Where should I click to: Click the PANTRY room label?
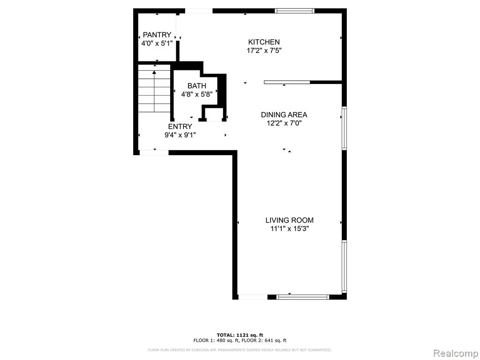[157, 35]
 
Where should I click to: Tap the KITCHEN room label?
[264, 42]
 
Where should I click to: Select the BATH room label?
[197, 86]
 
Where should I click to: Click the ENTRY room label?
[180, 127]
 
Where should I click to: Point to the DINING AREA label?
[284, 115]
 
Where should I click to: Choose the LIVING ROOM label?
[289, 220]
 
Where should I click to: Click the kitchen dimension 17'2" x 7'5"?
[264, 51]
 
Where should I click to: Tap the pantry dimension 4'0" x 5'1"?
[157, 44]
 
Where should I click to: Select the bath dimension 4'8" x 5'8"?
[197, 94]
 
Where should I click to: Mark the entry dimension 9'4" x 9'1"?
[180, 135]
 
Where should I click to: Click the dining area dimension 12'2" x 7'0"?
[285, 123]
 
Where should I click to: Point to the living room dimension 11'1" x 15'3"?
[289, 229]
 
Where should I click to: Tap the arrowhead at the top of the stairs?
[154, 73]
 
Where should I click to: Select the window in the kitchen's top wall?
[294, 11]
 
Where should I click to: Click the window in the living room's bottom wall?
[303, 297]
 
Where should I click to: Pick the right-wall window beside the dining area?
[344, 128]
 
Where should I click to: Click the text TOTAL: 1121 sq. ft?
[240, 335]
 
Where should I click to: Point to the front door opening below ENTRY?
[154, 152]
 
